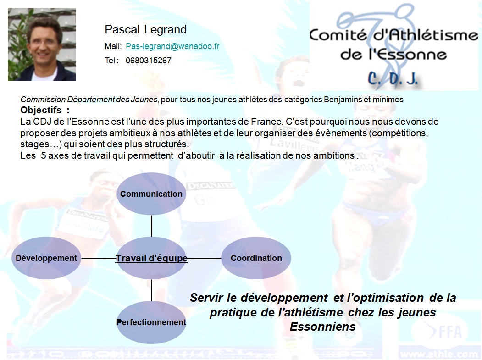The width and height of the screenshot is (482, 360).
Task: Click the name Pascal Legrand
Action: [x=145, y=29]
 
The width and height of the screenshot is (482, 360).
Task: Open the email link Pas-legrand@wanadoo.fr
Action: [x=172, y=46]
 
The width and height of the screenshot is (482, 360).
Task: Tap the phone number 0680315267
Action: [x=149, y=60]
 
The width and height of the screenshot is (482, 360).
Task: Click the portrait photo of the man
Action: [x=42, y=44]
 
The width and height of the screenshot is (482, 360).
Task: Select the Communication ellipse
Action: [x=151, y=194]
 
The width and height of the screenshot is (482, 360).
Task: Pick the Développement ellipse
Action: [x=46, y=258]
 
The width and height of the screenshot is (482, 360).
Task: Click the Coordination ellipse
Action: [x=256, y=258]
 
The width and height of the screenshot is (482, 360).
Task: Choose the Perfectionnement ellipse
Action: [x=151, y=322]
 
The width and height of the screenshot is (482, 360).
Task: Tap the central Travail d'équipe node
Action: [x=151, y=258]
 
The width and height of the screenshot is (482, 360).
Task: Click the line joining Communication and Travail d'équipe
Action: [x=151, y=226]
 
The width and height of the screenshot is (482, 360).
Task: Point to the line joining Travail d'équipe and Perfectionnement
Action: [x=151, y=290]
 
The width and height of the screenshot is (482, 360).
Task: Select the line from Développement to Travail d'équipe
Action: [x=99, y=258]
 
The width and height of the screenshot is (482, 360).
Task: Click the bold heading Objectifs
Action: [x=41, y=110]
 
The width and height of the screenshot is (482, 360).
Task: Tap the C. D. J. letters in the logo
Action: [x=393, y=79]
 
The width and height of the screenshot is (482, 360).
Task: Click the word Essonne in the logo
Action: [x=412, y=55]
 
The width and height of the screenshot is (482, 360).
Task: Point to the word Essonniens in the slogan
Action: [x=323, y=327]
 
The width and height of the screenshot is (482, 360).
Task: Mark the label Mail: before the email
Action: [x=113, y=46]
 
